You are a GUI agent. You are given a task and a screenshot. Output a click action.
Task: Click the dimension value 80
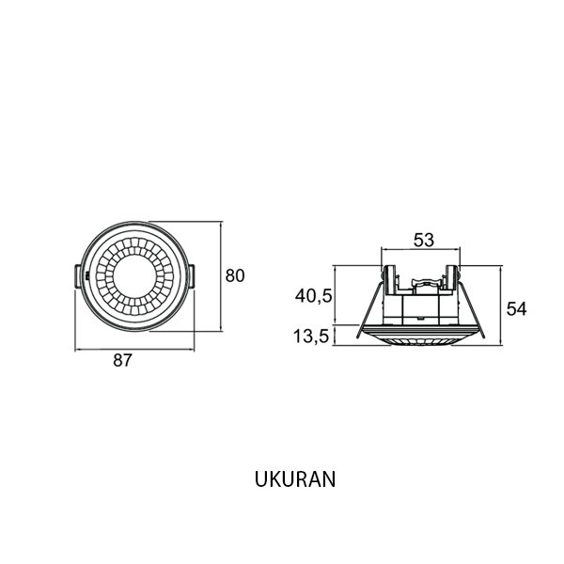(235, 275)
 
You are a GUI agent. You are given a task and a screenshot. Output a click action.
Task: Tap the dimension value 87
(122, 360)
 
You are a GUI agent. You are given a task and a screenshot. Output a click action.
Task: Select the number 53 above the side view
(424, 240)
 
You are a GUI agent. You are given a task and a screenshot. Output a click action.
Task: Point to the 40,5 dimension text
(313, 296)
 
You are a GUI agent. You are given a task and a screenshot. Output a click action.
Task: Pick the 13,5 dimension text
(311, 337)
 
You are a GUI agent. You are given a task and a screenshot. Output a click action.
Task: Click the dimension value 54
(516, 309)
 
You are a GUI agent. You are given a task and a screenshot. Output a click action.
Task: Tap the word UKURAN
(295, 479)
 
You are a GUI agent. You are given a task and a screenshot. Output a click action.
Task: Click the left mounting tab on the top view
(78, 275)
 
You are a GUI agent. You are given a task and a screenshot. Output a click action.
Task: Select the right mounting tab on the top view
(192, 275)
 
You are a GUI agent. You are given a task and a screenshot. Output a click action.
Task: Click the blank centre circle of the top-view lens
(134, 276)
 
